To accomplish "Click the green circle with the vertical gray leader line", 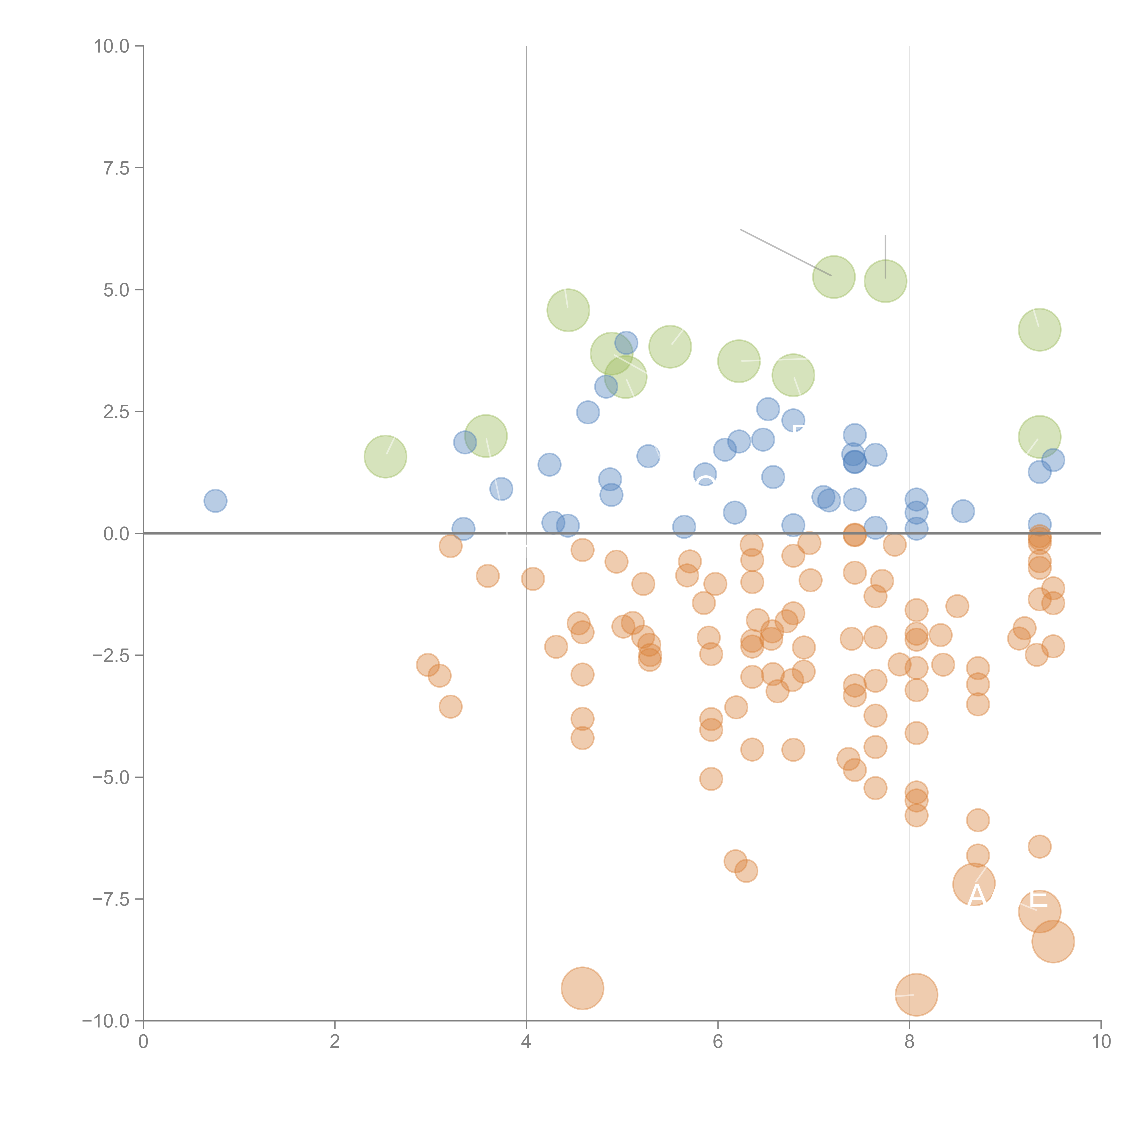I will [x=885, y=281].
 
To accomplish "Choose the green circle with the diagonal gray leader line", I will [x=834, y=277].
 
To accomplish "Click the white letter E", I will [x=1038, y=899].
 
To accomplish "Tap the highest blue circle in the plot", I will [x=626, y=342].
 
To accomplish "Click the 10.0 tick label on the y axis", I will [x=112, y=46].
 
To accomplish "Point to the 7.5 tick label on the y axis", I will [x=116, y=168].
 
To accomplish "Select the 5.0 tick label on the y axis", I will [x=116, y=290].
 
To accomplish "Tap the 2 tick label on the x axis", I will [x=335, y=1042].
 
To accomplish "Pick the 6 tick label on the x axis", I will [x=718, y=1042].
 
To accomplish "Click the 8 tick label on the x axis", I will [x=910, y=1042].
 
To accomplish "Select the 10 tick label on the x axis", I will [x=1101, y=1042].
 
